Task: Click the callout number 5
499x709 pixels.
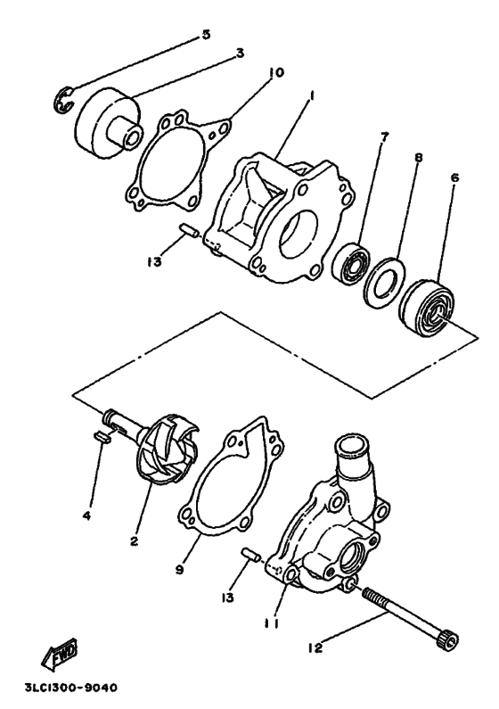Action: pyautogui.click(x=206, y=35)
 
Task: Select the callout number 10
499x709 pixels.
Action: pyautogui.click(x=276, y=72)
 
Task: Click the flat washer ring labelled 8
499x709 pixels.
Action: pyautogui.click(x=383, y=283)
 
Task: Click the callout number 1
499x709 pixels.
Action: pyautogui.click(x=312, y=96)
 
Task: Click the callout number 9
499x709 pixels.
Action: pyautogui.click(x=180, y=570)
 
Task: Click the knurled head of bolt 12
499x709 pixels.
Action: pyautogui.click(x=448, y=641)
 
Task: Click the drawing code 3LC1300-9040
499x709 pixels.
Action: pyautogui.click(x=71, y=688)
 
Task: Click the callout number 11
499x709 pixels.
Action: pyautogui.click(x=272, y=623)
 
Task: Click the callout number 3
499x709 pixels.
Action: pyautogui.click(x=240, y=54)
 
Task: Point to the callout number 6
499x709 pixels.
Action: pyautogui.click(x=454, y=177)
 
